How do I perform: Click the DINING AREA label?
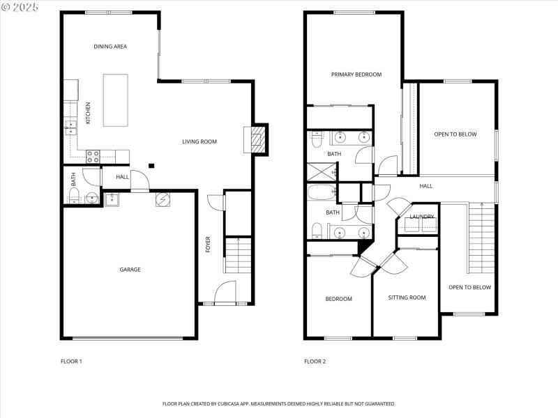coord(110,47)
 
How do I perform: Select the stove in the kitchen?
coord(93,157)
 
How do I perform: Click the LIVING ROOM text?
coord(199,141)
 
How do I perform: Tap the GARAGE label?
coord(130,269)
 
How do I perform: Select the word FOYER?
coord(208,245)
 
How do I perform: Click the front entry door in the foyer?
coord(225,293)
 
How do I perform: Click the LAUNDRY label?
coord(422,217)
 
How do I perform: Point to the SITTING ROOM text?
coord(407,297)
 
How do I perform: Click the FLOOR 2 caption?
coord(315,362)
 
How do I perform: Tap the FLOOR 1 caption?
coord(71,362)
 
